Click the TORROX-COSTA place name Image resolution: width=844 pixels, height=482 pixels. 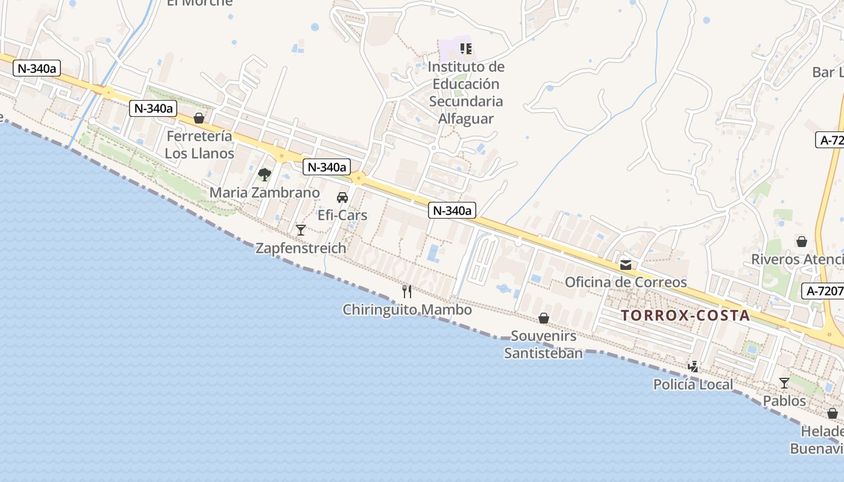685,315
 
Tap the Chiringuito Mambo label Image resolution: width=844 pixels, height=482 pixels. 407,310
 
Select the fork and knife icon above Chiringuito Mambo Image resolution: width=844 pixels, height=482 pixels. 407,292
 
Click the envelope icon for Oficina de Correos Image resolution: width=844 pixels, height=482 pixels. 626,264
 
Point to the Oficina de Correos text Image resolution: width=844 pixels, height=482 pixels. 626,282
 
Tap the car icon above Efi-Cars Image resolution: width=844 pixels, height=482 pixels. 342,197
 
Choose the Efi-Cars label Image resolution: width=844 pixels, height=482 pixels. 342,215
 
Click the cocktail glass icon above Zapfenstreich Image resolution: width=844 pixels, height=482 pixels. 301,230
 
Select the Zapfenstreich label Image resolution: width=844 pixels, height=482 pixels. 301,248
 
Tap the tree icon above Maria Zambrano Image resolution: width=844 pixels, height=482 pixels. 264,175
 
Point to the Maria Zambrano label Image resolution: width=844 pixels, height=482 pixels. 264,193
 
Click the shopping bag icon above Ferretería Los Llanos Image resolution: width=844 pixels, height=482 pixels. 199,118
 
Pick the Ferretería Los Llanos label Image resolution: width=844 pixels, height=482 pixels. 199,145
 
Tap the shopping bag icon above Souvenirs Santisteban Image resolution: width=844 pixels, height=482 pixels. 544,318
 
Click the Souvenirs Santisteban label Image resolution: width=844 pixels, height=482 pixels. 544,344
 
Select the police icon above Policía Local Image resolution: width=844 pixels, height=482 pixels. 693,366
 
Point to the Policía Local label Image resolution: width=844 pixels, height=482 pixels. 693,384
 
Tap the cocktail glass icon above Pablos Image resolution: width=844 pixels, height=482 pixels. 784,383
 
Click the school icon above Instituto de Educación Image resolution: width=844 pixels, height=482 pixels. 465,48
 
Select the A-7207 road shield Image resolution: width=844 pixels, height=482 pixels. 825,291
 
